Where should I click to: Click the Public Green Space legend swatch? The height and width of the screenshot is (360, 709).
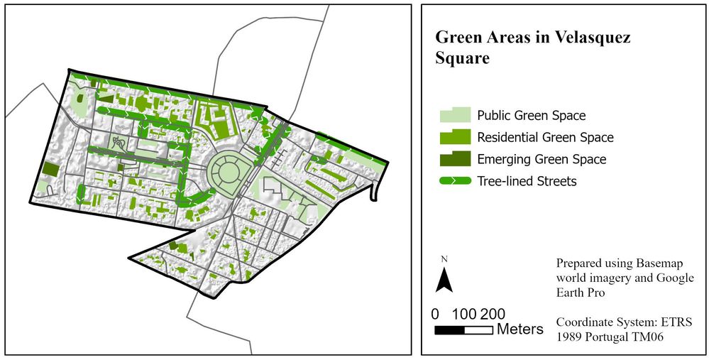pos(454,115)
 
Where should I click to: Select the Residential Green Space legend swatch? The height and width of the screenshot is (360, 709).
pos(454,137)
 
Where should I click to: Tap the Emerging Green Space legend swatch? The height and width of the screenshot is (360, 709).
pos(454,159)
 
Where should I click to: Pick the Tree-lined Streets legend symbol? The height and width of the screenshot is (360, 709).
pos(454,181)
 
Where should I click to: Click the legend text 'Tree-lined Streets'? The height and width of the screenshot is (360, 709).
pos(527,181)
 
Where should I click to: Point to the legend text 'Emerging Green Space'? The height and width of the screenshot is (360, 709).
pos(542,159)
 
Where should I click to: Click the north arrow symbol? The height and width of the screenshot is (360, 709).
pos(444,280)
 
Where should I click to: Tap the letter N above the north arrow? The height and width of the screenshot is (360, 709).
pos(444,258)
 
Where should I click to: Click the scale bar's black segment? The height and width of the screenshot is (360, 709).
pos(449,330)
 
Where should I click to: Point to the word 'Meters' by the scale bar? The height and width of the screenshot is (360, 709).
pos(520,329)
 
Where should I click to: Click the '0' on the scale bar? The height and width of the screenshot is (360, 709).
pos(435,314)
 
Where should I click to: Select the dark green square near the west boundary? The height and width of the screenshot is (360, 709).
pos(51,169)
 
